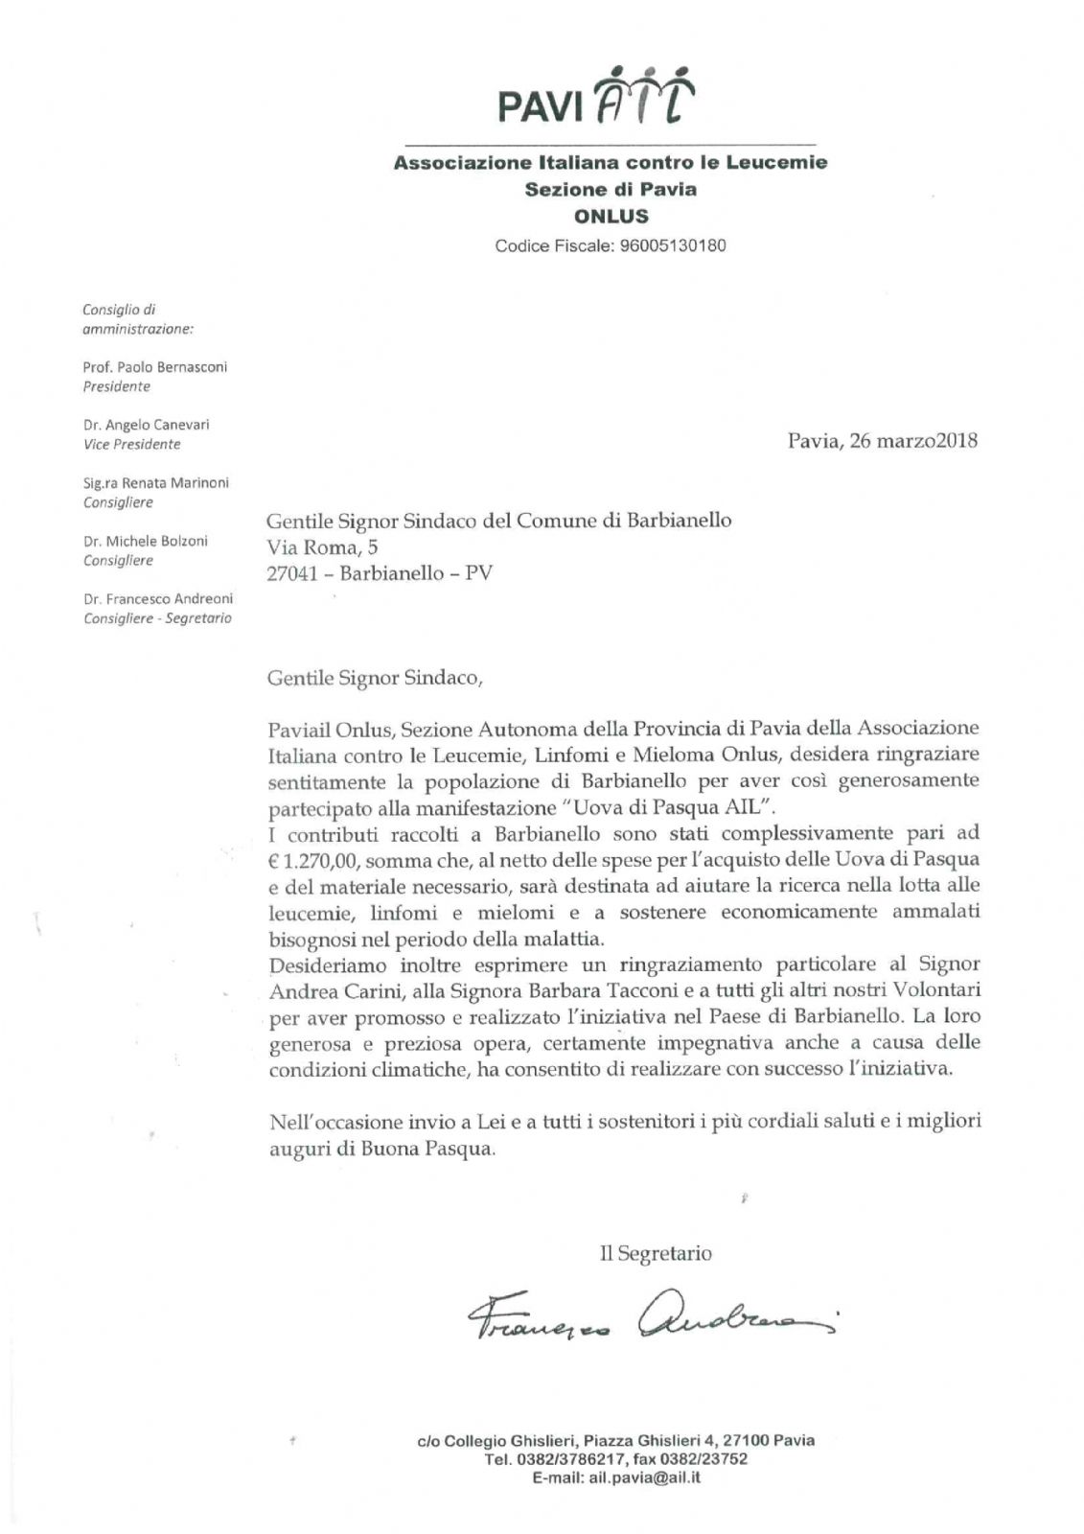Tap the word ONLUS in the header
point(611,217)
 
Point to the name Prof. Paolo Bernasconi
point(155,367)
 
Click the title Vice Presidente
point(131,445)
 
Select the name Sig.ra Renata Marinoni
point(156,483)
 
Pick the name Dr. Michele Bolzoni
point(145,541)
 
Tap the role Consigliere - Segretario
point(157,618)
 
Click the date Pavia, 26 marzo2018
point(882,441)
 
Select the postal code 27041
point(292,573)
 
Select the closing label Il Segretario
point(656,1253)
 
